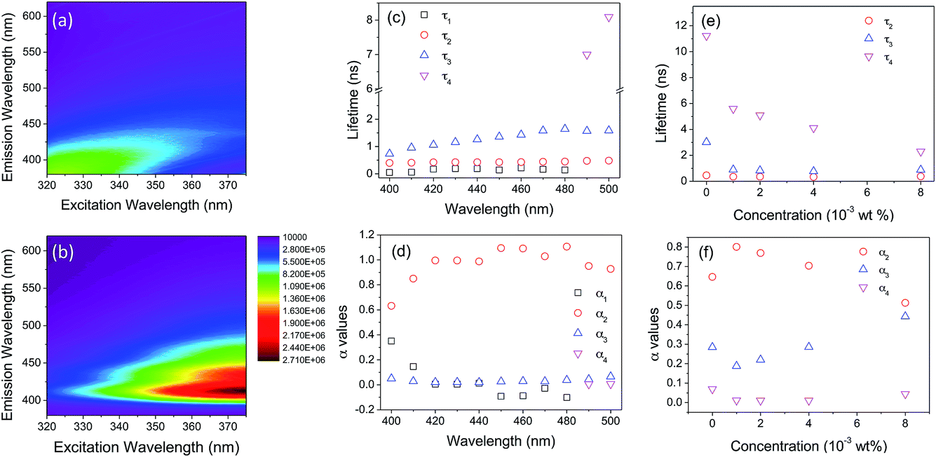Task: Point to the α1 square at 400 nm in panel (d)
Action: tap(391, 341)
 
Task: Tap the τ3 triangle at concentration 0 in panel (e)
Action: tap(706, 142)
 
